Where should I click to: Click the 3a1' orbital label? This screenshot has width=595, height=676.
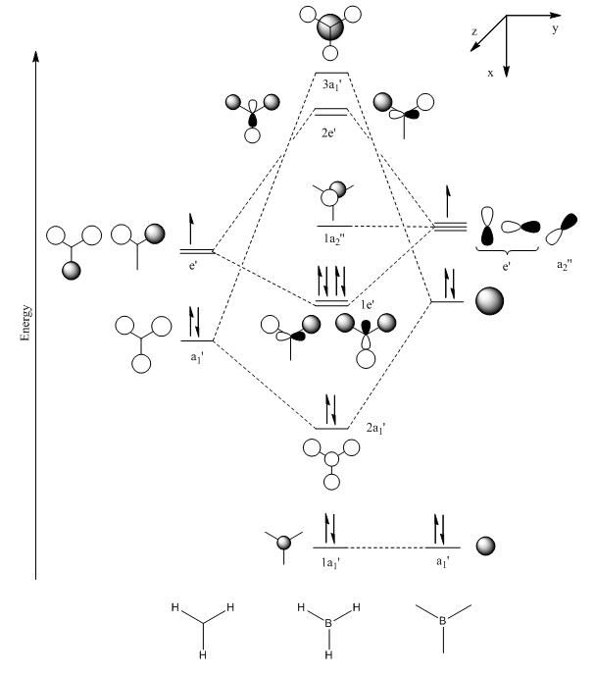click(331, 85)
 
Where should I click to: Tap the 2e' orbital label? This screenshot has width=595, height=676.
click(328, 132)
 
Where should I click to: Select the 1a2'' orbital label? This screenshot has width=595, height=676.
click(335, 238)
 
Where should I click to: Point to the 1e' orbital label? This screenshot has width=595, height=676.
click(368, 305)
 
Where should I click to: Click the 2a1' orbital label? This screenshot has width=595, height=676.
click(375, 429)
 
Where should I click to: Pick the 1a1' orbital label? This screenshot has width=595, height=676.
click(331, 562)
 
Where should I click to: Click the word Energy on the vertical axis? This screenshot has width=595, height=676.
click(25, 323)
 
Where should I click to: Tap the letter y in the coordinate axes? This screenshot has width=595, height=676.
click(555, 29)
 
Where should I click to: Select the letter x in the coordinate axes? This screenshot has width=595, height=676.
click(490, 74)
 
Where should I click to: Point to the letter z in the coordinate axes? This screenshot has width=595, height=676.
click(474, 32)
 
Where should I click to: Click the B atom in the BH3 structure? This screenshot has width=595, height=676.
click(328, 623)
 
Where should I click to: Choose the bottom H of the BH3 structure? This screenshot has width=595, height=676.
click(328, 655)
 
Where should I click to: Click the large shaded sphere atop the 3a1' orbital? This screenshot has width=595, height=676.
click(331, 28)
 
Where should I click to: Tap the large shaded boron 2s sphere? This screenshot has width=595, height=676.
click(489, 301)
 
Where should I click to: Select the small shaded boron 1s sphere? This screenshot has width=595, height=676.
click(485, 546)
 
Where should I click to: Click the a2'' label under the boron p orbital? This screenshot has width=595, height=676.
click(564, 264)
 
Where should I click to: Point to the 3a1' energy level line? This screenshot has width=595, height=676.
click(331, 74)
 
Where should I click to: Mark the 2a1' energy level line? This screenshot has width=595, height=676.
click(331, 429)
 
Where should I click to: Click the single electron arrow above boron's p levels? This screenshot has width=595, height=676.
click(448, 201)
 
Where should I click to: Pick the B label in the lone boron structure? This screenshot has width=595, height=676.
click(442, 621)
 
